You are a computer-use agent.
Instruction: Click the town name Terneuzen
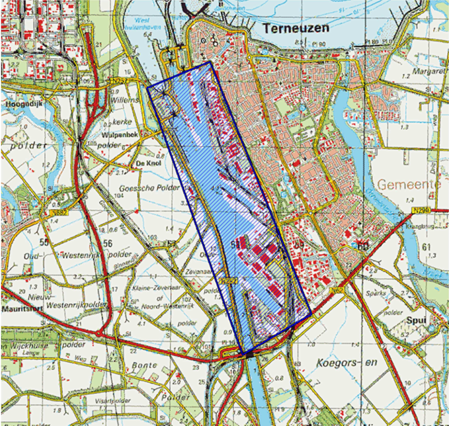296,28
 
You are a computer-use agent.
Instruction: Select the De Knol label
148,163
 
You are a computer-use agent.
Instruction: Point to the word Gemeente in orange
409,184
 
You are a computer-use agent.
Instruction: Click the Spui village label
417,320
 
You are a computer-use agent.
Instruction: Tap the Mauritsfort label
22,309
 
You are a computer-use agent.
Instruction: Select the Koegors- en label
347,363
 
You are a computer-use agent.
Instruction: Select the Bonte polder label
145,365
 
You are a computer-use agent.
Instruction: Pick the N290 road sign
422,210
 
